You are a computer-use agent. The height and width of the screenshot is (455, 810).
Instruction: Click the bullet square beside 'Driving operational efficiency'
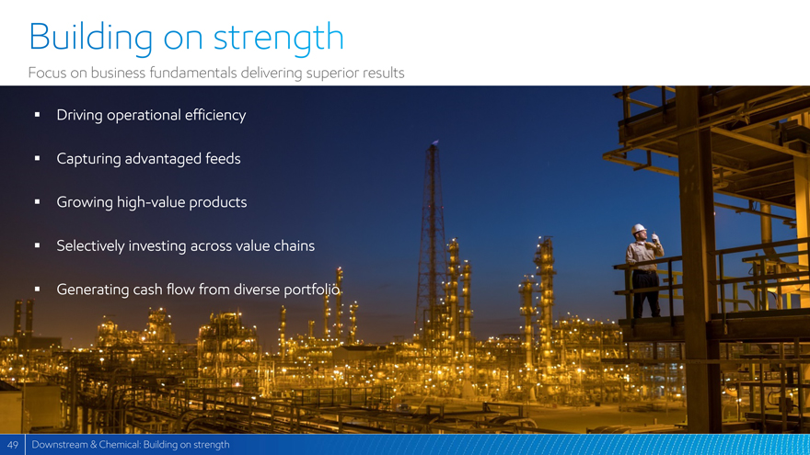(37, 115)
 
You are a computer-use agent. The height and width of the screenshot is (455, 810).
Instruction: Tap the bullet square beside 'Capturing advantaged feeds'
(37, 158)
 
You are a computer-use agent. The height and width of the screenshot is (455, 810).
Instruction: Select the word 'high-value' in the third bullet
(151, 202)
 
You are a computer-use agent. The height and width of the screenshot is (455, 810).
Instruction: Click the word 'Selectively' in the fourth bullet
(90, 246)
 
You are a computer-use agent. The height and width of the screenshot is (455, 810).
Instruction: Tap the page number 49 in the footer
(12, 445)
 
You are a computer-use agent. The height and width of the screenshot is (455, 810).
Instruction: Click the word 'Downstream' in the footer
(60, 445)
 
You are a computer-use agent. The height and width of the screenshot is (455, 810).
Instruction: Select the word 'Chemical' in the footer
(119, 445)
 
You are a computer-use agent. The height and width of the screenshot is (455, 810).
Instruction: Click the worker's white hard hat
(639, 229)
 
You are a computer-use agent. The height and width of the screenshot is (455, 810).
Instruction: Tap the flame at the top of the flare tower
(435, 142)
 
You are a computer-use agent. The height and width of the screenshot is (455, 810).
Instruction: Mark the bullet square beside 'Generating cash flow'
(37, 290)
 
